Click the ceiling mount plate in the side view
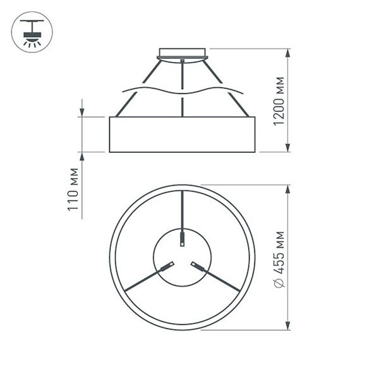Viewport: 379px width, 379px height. tap(183, 52)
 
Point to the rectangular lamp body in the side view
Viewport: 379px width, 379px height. tap(182, 134)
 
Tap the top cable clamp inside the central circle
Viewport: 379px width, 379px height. tap(182, 239)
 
